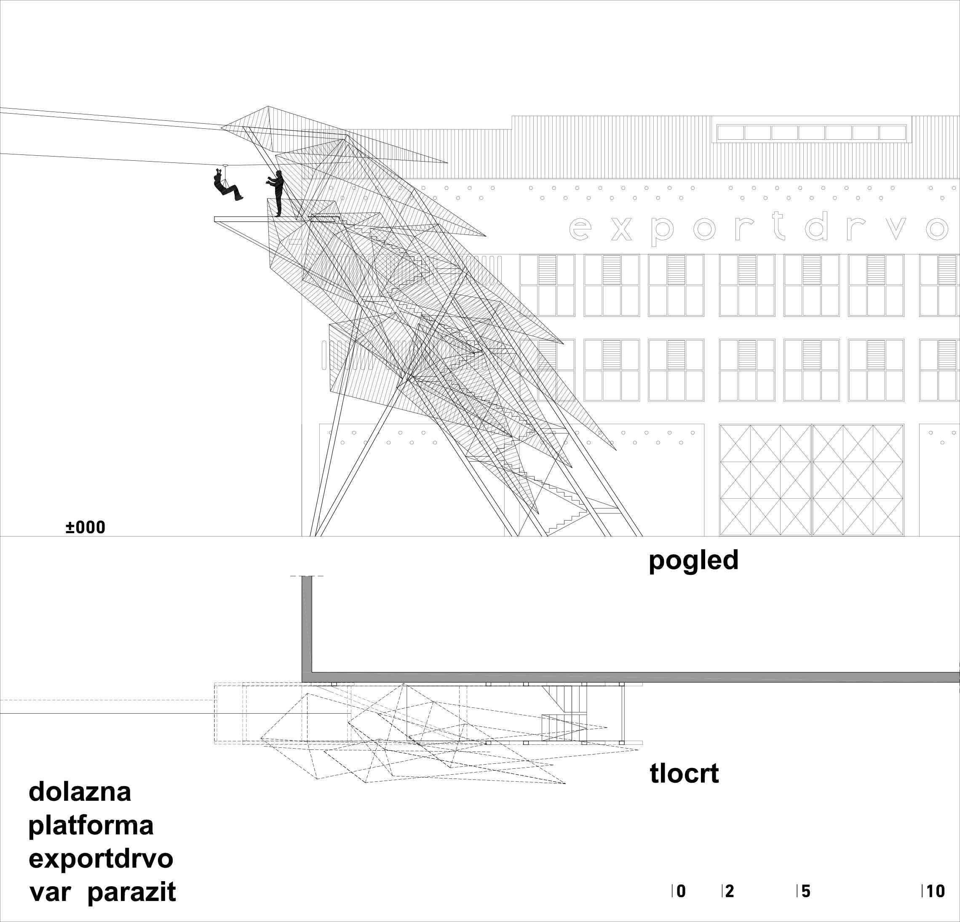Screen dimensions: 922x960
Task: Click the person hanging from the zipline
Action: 226,186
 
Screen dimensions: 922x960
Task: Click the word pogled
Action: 693,561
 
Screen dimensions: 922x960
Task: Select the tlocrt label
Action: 684,774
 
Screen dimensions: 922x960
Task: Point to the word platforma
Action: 91,826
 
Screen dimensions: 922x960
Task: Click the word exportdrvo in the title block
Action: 101,859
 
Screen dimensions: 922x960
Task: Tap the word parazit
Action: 131,892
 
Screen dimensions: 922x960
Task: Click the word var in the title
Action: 49,893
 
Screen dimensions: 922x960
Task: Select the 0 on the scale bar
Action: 681,892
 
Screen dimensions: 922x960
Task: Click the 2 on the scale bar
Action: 729,892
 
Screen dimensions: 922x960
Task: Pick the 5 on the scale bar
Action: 806,892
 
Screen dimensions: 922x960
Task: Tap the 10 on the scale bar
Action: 935,892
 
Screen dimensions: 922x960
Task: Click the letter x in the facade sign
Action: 622,229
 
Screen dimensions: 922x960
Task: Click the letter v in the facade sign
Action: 896,229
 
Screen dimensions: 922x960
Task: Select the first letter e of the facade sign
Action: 580,229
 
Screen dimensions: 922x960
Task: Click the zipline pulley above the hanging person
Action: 225,166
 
